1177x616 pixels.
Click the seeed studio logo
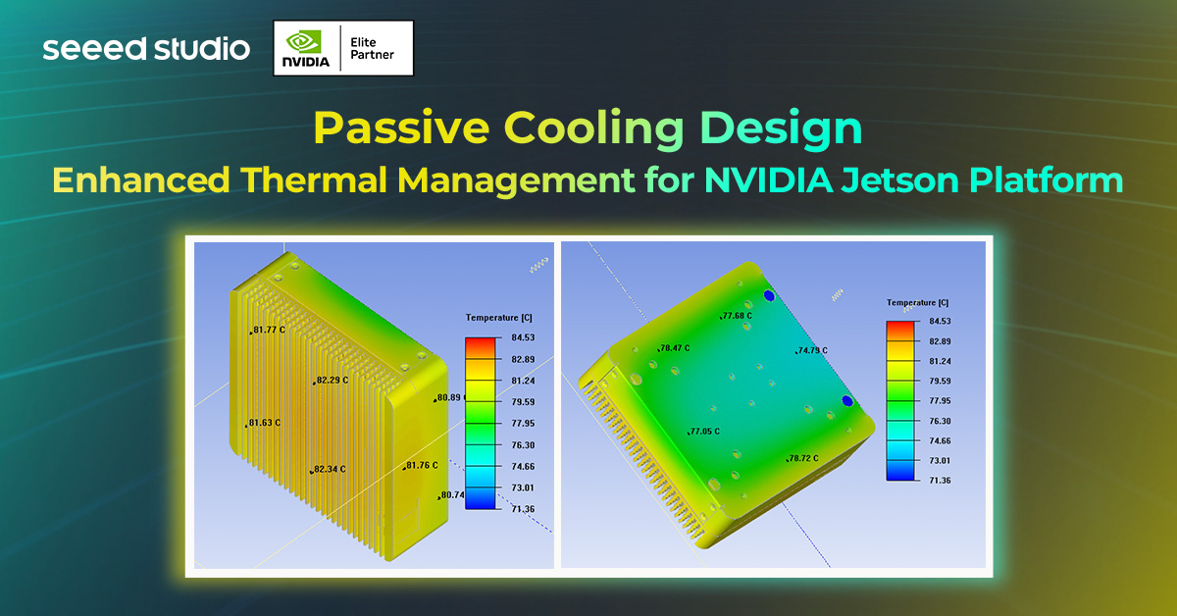(x=146, y=48)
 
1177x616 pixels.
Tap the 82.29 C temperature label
(x=333, y=380)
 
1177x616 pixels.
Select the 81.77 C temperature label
(x=271, y=331)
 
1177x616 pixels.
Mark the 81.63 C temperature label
(x=265, y=423)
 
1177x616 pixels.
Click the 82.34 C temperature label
(x=331, y=470)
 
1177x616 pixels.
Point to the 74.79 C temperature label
(x=812, y=350)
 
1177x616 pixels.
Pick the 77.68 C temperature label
(x=738, y=316)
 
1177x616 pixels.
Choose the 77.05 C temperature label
(x=705, y=432)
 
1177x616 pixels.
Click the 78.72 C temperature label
(x=803, y=458)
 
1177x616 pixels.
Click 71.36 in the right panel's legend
(x=941, y=480)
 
